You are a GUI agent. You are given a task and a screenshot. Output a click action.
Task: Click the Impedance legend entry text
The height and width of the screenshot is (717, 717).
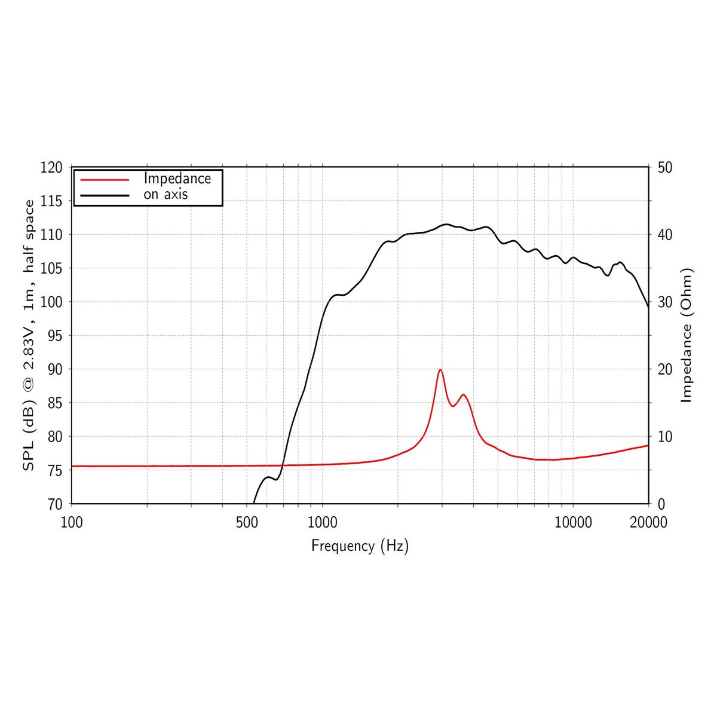pyautogui.click(x=177, y=178)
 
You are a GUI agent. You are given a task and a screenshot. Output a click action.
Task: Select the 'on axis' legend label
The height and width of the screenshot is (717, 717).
pyautogui.click(x=166, y=194)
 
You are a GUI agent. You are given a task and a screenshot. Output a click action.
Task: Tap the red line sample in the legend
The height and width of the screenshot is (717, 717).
pyautogui.click(x=105, y=179)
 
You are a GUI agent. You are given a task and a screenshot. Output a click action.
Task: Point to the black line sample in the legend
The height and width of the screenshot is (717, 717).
pyautogui.click(x=105, y=195)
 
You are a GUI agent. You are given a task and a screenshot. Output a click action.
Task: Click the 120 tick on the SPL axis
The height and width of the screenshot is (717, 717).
pyautogui.click(x=51, y=168)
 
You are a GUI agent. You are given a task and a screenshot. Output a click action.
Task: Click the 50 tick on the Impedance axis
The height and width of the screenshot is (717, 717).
pyautogui.click(x=664, y=168)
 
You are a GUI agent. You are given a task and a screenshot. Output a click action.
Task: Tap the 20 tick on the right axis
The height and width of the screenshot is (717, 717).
pyautogui.click(x=664, y=369)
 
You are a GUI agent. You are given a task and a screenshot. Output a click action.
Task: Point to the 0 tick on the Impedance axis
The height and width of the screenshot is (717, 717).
pyautogui.click(x=661, y=504)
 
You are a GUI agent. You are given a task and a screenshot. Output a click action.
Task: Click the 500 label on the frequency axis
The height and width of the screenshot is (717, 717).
pyautogui.click(x=247, y=523)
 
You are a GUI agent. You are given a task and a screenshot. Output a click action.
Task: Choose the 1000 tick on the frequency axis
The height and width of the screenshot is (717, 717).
pyautogui.click(x=322, y=523)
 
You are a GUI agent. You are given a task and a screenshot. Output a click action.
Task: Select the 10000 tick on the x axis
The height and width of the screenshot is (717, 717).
pyautogui.click(x=573, y=523)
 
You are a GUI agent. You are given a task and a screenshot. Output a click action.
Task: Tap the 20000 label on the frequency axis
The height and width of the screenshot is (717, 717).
pyautogui.click(x=648, y=523)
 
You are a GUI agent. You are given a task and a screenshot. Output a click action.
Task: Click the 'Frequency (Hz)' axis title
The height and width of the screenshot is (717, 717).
pyautogui.click(x=360, y=546)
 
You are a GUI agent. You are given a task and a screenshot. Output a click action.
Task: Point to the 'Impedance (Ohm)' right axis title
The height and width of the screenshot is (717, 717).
pyautogui.click(x=687, y=335)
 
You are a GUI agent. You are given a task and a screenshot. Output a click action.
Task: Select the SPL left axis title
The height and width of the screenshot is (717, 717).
pyautogui.click(x=28, y=335)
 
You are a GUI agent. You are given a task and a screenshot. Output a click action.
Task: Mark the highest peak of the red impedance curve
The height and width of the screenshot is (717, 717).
pyautogui.click(x=440, y=370)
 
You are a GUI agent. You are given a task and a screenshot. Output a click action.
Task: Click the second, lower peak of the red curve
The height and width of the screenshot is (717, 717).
pyautogui.click(x=463, y=394)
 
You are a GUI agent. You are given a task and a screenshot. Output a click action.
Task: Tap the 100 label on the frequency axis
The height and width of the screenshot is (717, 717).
pyautogui.click(x=72, y=523)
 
